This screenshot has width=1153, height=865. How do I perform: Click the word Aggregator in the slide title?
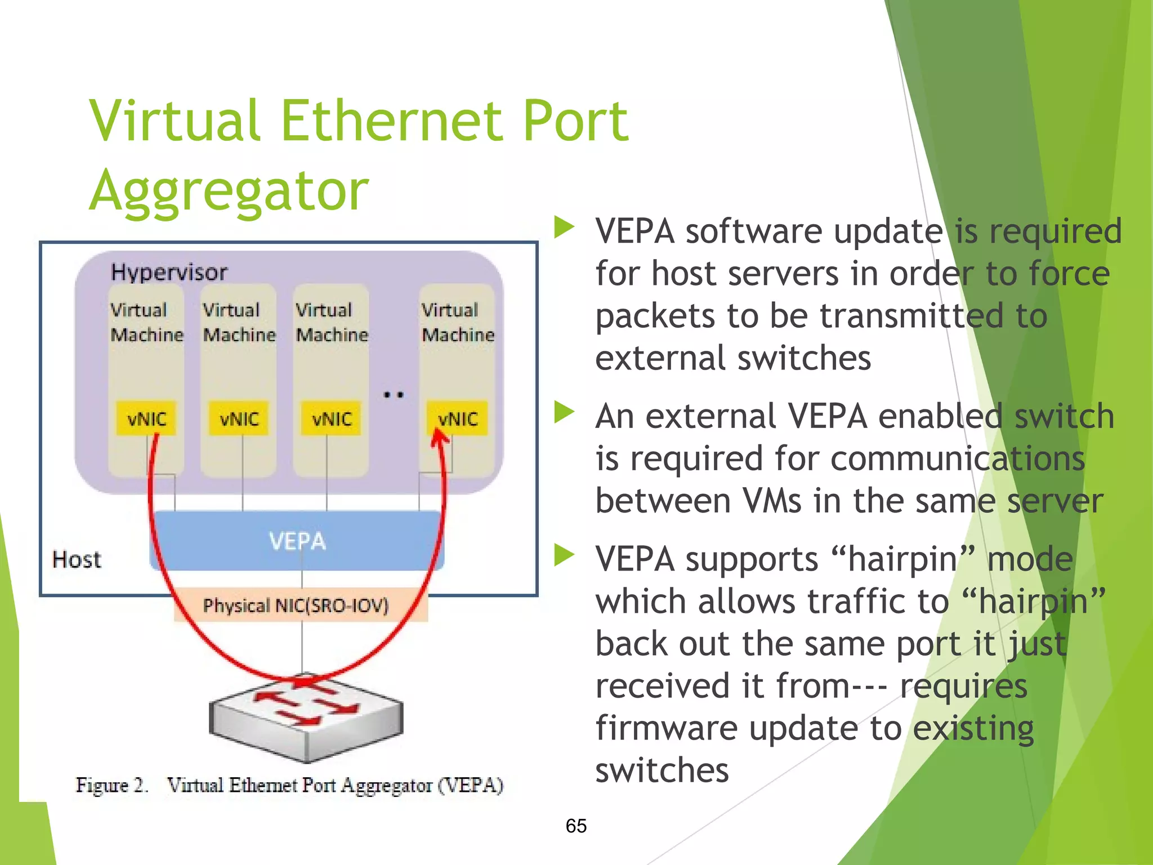point(229,191)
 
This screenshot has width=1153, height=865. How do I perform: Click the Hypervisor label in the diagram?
point(169,273)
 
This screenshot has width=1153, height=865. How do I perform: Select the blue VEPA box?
point(297,541)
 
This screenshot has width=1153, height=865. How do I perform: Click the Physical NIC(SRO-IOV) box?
point(297,605)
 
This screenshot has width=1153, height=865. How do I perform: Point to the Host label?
point(77,560)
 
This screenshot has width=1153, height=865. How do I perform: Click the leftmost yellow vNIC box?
point(146,418)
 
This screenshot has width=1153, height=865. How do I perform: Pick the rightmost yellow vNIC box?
point(457,418)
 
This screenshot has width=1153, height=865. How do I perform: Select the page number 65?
point(576,826)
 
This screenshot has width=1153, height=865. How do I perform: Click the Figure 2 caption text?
point(289,785)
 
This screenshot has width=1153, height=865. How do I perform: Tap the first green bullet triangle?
point(564,228)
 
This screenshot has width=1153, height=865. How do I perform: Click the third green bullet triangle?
point(564,555)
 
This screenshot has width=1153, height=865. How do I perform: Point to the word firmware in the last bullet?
point(667,728)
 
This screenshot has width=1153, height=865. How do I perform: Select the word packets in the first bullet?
point(655,315)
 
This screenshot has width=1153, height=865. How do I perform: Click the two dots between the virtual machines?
point(394,395)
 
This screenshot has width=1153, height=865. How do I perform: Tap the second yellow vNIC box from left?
point(239,418)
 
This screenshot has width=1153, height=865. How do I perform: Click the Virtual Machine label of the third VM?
point(332,322)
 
